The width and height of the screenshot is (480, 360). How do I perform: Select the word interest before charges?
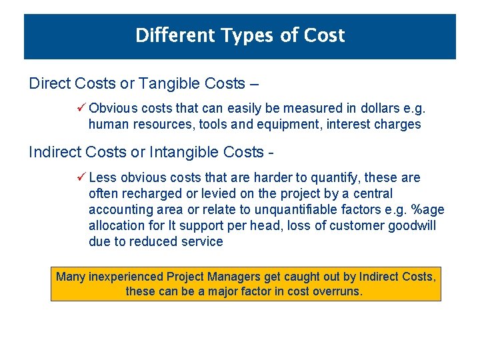[348, 125]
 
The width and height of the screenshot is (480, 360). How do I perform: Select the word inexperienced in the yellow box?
[125, 277]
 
